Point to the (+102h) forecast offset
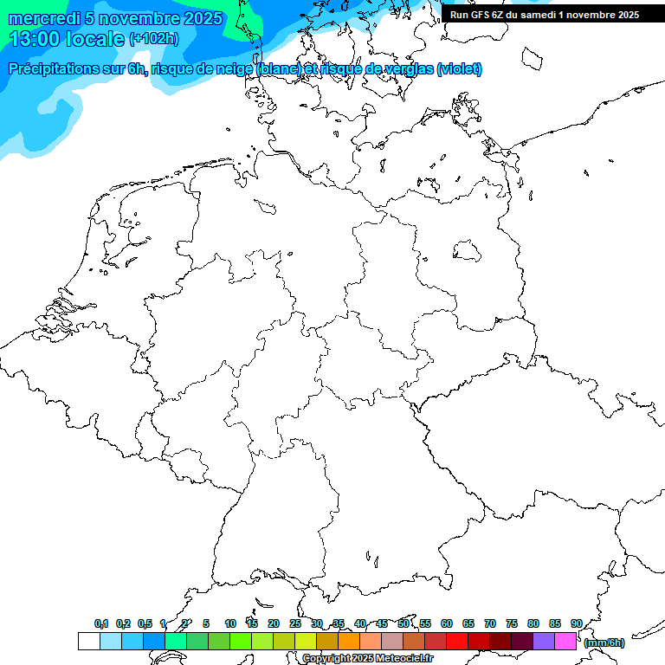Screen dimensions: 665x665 153,39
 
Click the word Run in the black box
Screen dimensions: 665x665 459,15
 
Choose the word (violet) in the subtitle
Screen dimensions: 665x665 460,69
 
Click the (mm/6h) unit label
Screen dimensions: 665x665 604,642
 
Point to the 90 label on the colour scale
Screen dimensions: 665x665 577,623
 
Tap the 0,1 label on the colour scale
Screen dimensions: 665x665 101,623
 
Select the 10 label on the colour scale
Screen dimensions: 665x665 230,623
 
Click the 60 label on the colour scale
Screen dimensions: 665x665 447,623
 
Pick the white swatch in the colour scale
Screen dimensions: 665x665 88,642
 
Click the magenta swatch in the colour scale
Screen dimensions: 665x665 565,642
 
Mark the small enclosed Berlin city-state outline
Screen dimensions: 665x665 467,251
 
